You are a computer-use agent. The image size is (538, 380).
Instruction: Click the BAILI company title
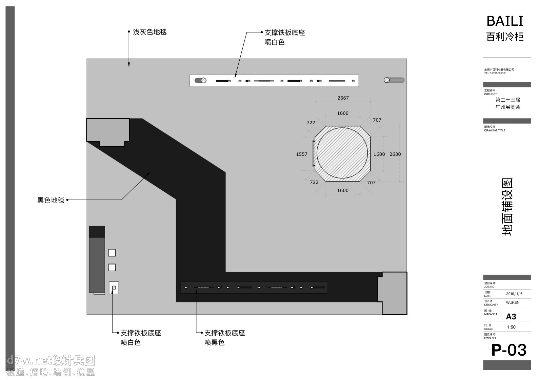(x=505, y=21)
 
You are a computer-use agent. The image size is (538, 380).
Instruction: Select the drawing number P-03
(x=509, y=350)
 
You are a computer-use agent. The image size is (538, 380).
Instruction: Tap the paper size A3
(x=511, y=317)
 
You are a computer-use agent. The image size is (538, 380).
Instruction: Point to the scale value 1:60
(x=511, y=327)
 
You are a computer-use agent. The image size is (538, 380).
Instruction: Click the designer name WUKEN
(x=513, y=303)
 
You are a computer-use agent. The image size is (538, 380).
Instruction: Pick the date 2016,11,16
(x=514, y=294)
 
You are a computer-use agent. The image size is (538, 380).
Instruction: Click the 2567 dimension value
(x=343, y=98)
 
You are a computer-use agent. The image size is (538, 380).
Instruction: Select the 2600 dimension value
(x=395, y=154)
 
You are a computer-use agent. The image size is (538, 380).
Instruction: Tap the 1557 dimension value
(x=302, y=154)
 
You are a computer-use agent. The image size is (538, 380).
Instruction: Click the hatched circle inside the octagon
(x=342, y=153)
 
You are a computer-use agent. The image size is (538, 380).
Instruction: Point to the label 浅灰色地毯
(x=150, y=32)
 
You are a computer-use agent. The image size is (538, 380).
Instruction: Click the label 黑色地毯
(x=51, y=200)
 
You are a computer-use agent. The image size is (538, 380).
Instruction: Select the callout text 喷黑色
(x=215, y=343)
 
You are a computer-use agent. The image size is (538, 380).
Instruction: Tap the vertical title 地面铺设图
(x=507, y=207)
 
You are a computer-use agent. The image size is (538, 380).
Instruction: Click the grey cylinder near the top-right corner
(x=394, y=80)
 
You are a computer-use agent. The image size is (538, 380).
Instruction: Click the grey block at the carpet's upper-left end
(x=108, y=130)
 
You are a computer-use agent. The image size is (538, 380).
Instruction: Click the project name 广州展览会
(x=507, y=107)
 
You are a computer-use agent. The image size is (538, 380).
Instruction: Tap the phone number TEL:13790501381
(x=495, y=73)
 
